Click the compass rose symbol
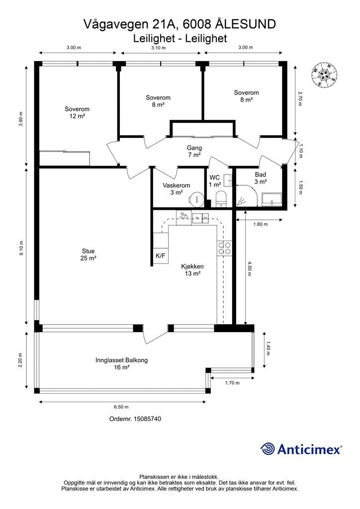324,75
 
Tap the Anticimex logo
301,449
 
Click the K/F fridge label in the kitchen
161,256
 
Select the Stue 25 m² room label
89,254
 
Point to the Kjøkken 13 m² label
192,270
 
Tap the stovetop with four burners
224,249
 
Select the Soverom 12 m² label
77,113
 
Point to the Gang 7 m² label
194,151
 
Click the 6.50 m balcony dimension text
121,407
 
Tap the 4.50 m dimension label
249,268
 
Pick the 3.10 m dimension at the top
159,48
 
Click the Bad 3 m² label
261,178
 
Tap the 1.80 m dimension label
260,224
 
